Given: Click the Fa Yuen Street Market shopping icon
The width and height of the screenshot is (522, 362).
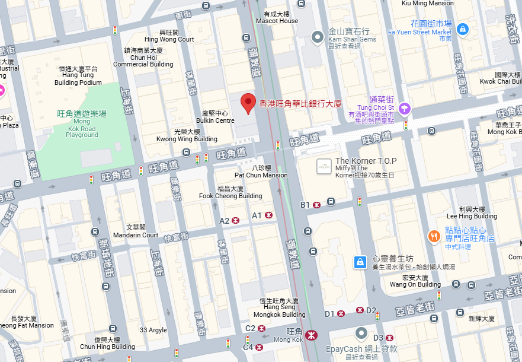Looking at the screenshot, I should point(463,28).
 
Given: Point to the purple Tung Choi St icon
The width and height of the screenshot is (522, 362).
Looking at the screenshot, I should point(404,108).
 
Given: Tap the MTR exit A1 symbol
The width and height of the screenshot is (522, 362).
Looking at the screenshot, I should point(269,215).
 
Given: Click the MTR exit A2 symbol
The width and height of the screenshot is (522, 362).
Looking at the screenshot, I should point(236,220).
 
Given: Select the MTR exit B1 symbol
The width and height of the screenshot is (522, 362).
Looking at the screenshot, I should point(317,205).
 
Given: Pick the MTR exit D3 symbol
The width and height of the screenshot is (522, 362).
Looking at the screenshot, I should point(389,338).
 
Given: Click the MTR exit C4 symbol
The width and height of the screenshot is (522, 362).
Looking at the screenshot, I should point(260,347).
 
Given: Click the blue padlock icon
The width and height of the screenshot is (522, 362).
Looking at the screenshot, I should point(360,261).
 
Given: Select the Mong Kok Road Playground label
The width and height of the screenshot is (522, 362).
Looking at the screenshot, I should point(82,124).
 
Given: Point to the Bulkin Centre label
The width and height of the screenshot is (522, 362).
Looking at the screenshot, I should point(215,117).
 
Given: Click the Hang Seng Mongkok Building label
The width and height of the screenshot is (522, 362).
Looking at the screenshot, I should point(280,311).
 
